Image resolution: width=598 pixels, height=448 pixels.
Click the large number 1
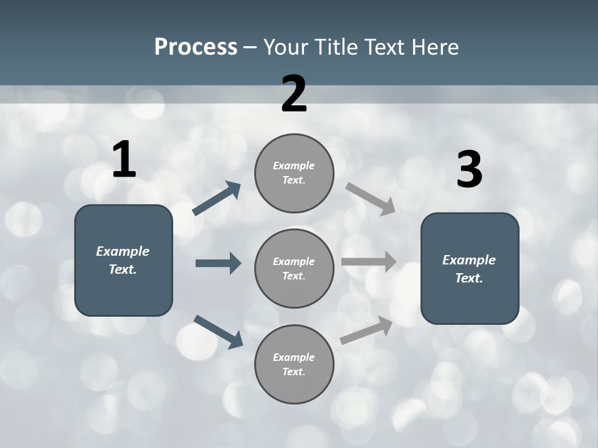(x=124, y=160)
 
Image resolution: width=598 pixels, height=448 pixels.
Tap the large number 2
(x=294, y=94)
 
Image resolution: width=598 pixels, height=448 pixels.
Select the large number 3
(x=469, y=170)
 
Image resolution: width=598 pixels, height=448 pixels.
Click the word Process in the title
(x=196, y=47)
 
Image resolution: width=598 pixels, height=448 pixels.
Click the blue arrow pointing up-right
(x=217, y=199)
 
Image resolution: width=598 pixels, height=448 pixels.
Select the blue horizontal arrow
(x=218, y=263)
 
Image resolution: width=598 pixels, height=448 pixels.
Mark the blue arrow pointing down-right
(x=218, y=332)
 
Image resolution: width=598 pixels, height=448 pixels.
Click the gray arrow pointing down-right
(x=371, y=199)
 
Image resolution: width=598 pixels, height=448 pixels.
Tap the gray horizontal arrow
(x=369, y=262)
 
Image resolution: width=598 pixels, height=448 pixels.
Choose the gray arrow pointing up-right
(x=366, y=330)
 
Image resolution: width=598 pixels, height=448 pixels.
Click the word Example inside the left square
(x=123, y=251)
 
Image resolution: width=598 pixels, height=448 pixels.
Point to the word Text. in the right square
(x=469, y=278)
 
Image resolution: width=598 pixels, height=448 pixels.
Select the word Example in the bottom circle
(x=293, y=357)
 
